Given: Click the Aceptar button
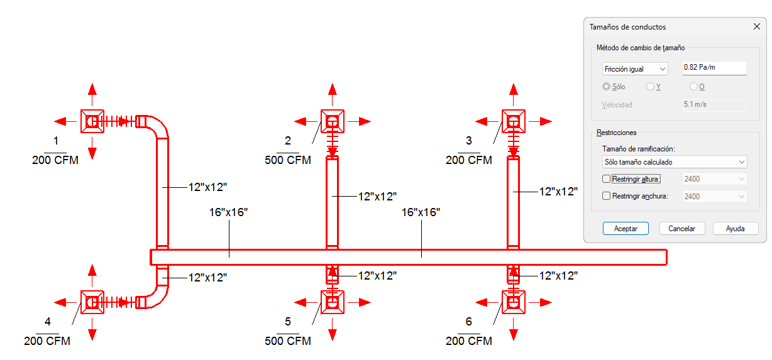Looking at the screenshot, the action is coord(626,229).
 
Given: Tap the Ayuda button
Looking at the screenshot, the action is coord(735,229).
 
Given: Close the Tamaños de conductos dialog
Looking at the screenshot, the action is coord(757,26).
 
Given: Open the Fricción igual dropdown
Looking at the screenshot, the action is coord(635,69).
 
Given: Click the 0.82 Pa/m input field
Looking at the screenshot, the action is coord(714,68).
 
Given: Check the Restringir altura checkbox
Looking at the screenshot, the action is coord(606,179).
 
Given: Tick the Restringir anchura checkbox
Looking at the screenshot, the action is coord(606,196).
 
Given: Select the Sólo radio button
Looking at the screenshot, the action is coord(606,87).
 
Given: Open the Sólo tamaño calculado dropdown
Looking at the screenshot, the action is coord(675,162).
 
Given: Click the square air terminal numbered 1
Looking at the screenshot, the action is coord(92,121).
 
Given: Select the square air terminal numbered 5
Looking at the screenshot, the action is coord(332,302).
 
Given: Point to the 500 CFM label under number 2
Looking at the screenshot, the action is coord(288,160).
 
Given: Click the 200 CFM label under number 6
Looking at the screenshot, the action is coord(469,341).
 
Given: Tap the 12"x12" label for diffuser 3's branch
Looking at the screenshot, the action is coord(558,192).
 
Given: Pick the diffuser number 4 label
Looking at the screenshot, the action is coord(48,322).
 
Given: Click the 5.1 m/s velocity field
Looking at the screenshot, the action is coord(714,105).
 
